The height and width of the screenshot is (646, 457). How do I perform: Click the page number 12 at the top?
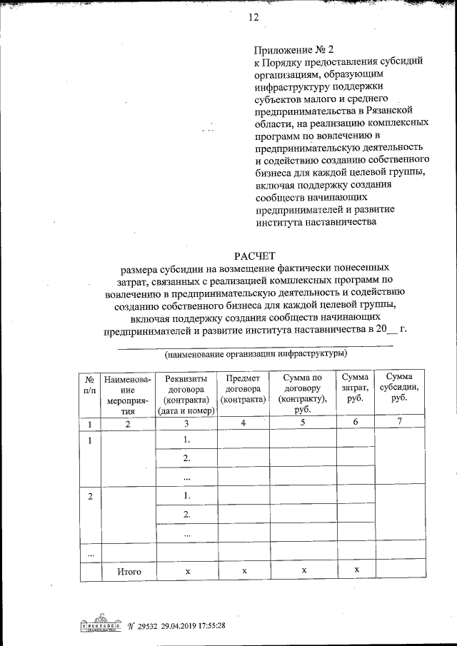pyautogui.click(x=253, y=17)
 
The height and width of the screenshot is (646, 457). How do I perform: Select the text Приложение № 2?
pyautogui.click(x=294, y=51)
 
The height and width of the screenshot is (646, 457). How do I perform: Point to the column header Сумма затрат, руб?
pyautogui.click(x=355, y=388)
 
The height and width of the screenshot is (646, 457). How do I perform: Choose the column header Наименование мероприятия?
pyautogui.click(x=126, y=395)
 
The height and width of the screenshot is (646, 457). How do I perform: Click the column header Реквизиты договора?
pyautogui.click(x=186, y=395)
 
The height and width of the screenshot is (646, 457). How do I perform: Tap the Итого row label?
pyautogui.click(x=126, y=572)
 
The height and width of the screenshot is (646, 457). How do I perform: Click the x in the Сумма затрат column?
pyautogui.click(x=355, y=568)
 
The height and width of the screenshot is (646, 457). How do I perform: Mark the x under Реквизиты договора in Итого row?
pyautogui.click(x=186, y=572)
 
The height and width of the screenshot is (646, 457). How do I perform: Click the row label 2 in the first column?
pyautogui.click(x=90, y=495)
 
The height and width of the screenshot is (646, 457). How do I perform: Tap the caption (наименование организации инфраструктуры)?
pyautogui.click(x=255, y=353)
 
